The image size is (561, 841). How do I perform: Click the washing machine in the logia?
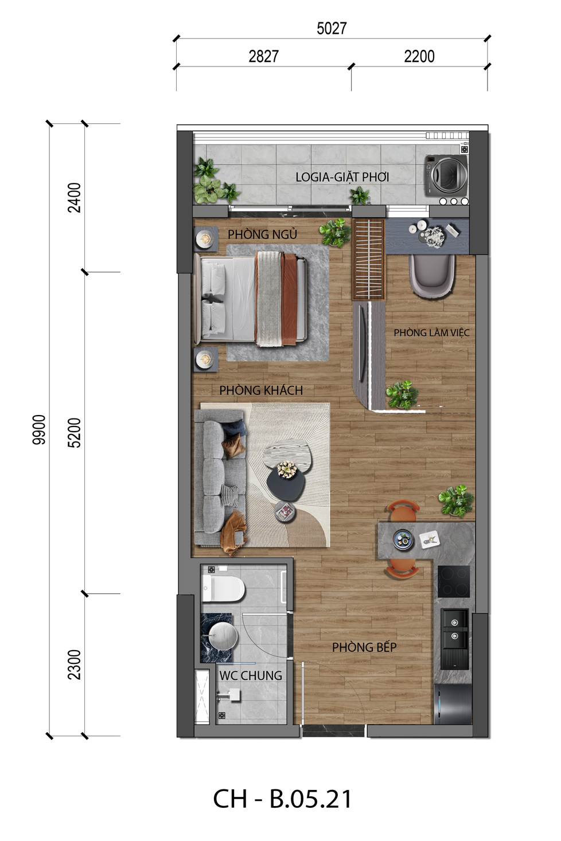(446, 175)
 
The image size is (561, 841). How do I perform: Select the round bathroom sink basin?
(223, 636)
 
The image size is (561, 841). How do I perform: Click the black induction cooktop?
(454, 581)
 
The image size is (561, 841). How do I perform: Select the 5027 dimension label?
(332, 29)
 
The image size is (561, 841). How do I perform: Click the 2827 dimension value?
(263, 56)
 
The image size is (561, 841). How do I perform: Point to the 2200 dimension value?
(419, 56)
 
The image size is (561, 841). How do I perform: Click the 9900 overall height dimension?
(38, 429)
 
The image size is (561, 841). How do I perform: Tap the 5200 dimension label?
(74, 432)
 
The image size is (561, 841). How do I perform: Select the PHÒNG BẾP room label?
(364, 647)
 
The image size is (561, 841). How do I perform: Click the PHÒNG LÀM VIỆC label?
(431, 333)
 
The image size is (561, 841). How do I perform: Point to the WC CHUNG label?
(251, 675)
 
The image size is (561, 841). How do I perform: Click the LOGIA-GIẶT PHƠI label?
(342, 177)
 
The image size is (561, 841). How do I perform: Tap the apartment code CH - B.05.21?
(282, 799)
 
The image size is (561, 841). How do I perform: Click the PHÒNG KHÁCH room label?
(261, 390)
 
